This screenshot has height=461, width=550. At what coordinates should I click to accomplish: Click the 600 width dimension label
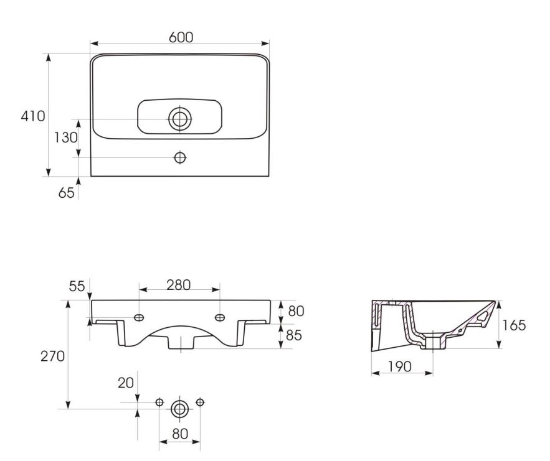tap(181, 37)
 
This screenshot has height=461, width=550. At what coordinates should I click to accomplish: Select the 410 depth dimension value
tap(33, 116)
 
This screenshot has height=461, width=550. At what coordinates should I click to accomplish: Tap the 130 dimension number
tap(65, 137)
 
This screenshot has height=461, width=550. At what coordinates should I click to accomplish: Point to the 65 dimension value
tap(66, 193)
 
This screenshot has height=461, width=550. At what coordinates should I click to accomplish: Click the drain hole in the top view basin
tap(180, 119)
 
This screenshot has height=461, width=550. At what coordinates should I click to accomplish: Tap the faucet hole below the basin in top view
tap(180, 157)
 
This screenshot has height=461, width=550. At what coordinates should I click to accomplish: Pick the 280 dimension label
tap(179, 285)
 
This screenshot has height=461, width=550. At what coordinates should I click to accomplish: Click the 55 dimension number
tap(77, 286)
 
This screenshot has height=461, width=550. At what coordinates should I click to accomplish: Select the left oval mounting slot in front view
tap(139, 318)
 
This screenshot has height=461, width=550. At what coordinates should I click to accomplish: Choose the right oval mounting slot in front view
tap(220, 318)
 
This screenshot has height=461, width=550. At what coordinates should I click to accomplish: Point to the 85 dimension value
tap(294, 335)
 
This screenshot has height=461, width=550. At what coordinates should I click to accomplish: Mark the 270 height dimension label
tap(52, 356)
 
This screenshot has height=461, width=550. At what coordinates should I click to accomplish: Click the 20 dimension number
tap(126, 383)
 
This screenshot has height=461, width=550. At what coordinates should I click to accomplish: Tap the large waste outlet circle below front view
tap(179, 409)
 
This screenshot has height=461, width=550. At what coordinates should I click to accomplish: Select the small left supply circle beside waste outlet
tap(159, 402)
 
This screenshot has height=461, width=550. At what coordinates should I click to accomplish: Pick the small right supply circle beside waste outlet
tap(200, 402)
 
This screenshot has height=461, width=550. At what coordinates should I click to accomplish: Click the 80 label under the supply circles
tap(180, 434)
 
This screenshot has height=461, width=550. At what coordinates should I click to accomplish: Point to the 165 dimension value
tap(514, 325)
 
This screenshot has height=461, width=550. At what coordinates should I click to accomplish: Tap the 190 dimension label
tap(399, 366)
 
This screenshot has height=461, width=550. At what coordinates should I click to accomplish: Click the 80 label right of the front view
tap(296, 311)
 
